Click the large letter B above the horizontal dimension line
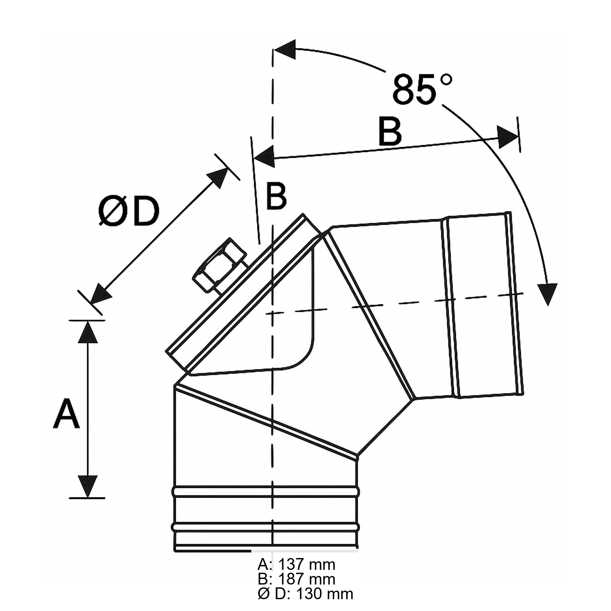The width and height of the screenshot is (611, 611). tap(390, 132)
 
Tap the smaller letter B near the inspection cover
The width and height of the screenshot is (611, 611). tap(276, 197)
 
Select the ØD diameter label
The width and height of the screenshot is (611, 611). tap(128, 212)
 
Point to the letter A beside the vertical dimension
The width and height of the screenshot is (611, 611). tap(66, 414)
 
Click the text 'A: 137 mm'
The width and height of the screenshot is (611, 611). tap(297, 565)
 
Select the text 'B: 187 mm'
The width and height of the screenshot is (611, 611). tap(297, 579)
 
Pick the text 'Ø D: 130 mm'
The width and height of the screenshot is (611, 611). tap(305, 594)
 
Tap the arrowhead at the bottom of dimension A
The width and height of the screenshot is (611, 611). tap(88, 486)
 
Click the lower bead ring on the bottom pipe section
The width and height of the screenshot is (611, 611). tap(266, 527)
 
